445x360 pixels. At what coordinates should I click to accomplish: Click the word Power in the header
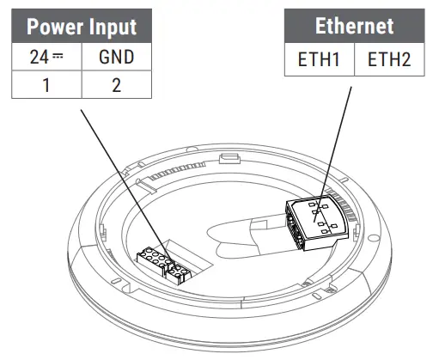57,26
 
